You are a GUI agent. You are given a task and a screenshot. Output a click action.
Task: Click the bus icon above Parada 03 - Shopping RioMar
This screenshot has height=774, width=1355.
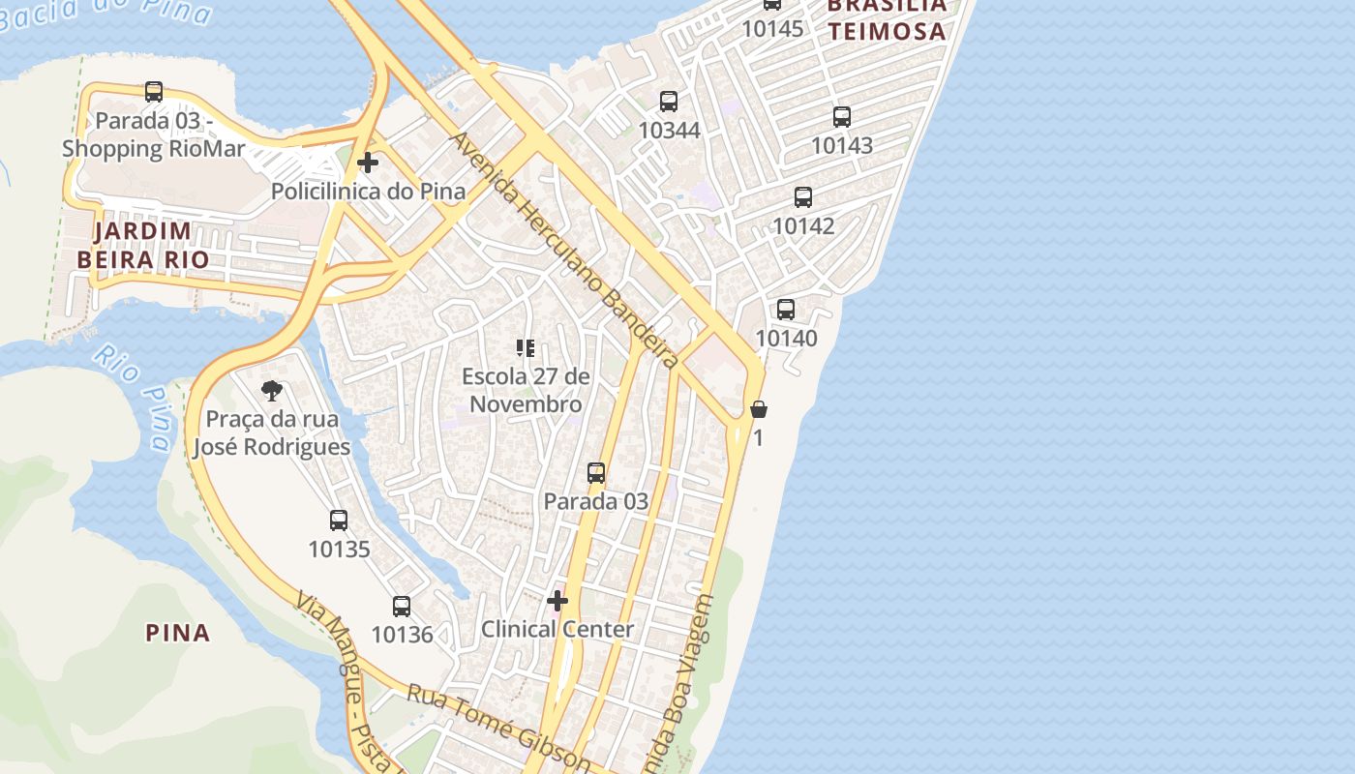click(154, 92)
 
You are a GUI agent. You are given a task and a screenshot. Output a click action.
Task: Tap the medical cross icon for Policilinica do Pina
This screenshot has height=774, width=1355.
click(368, 163)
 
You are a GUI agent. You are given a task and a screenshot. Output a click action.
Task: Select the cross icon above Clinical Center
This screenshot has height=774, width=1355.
click(557, 601)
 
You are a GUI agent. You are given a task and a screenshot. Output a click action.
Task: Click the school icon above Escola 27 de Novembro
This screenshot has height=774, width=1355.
click(526, 348)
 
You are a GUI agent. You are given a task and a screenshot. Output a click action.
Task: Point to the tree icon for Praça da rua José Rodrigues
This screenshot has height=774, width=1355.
click(272, 391)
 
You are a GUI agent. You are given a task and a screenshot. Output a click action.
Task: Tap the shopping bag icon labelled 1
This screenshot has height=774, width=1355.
click(759, 409)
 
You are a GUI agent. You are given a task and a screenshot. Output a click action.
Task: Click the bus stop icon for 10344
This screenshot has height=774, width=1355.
click(669, 102)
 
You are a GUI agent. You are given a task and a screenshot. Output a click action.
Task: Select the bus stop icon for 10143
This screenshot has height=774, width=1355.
click(842, 117)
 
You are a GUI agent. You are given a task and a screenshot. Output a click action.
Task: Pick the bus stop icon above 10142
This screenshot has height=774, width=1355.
click(803, 197)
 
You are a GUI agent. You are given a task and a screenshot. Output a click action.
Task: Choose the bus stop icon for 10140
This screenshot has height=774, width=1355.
click(786, 310)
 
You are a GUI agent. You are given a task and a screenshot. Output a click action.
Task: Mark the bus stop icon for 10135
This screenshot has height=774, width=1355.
click(339, 521)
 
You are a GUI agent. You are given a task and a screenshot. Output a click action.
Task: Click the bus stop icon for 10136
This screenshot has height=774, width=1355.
click(402, 607)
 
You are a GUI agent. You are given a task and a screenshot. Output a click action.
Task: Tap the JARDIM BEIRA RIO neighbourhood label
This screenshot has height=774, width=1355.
click(142, 246)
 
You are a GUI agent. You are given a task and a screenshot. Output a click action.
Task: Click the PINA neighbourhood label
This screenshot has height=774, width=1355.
click(178, 633)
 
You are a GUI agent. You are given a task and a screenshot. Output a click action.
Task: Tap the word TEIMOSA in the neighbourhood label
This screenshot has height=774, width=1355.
click(887, 31)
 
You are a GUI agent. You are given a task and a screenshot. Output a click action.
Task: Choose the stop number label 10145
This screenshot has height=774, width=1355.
click(772, 29)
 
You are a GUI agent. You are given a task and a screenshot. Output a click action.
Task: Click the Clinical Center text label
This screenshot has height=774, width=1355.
click(557, 629)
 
